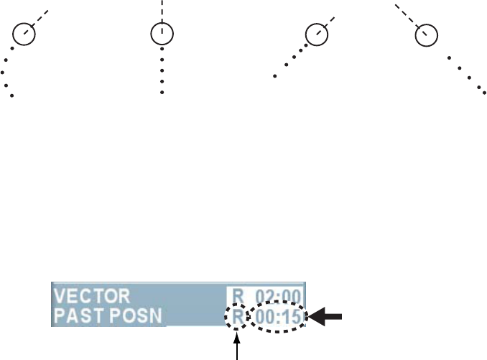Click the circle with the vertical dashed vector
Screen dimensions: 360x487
coord(163,34)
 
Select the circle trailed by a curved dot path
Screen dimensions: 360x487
coord(24,34)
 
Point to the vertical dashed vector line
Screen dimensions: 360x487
coord(163,10)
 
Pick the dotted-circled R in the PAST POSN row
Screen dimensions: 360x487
coord(236,315)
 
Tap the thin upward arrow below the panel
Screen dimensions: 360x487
coord(236,344)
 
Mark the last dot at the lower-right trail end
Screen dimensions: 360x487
coord(483,93)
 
